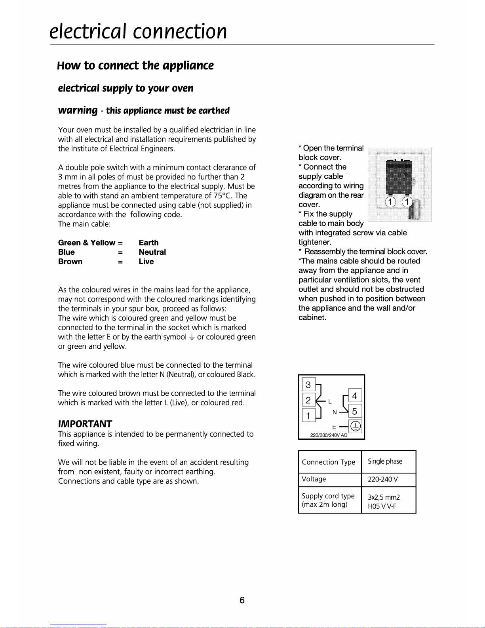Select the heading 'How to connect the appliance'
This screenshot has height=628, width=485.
pos(135,65)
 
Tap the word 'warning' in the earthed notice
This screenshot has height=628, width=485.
pos(78,110)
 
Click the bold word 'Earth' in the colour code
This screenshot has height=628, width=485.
pos(148,242)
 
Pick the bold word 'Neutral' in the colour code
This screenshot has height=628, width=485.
pos(152,252)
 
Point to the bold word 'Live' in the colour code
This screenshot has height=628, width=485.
pos(146,262)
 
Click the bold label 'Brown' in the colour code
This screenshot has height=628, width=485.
pos(70,262)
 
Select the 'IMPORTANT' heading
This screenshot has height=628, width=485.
pos(85,424)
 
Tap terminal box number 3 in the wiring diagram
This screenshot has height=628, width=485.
pos(308,384)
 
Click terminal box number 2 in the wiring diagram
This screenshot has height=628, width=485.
pos(308,400)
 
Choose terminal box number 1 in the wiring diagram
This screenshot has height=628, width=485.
pos(308,416)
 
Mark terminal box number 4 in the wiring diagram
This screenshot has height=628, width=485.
pos(355,395)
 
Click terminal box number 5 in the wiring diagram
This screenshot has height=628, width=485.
pos(355,411)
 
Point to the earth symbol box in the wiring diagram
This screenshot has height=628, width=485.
pos(356,427)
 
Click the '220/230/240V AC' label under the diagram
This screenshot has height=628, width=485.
pos(329,435)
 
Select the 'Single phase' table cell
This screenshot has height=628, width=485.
pos(385,461)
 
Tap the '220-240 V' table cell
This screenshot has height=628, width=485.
pos(383,479)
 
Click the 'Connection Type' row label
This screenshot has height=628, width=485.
pos(328,462)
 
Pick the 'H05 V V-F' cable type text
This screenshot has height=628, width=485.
pos(382,506)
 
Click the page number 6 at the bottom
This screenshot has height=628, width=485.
pos(242,600)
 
